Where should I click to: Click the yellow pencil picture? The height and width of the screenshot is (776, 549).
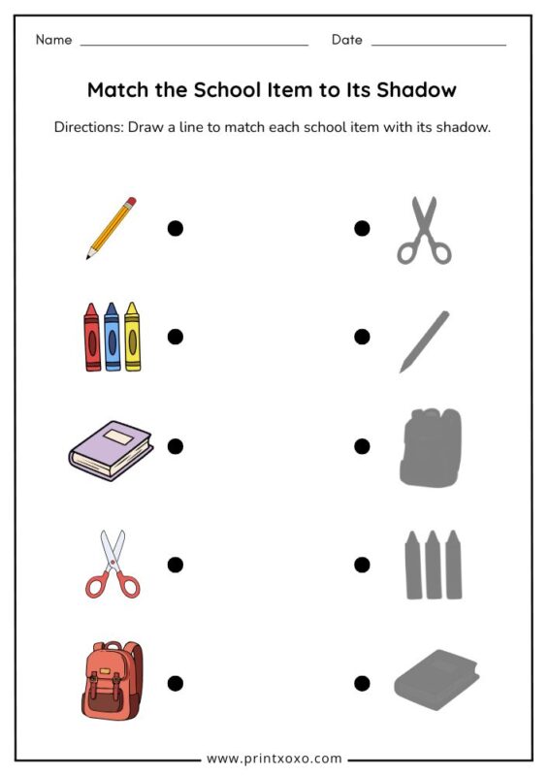point(111,228)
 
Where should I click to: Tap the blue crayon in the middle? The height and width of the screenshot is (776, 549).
point(112,336)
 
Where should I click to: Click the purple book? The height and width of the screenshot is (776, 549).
point(111,450)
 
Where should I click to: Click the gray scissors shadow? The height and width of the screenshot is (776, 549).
point(424,231)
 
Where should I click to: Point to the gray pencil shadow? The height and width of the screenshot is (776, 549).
point(424,340)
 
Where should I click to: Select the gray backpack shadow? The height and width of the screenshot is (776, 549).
point(430,447)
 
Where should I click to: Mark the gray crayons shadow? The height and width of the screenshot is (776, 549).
point(432,565)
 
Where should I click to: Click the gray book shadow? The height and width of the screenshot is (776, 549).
point(436,674)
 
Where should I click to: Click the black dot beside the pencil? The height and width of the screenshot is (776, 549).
point(176,228)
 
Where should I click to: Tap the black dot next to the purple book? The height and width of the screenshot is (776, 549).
point(176,446)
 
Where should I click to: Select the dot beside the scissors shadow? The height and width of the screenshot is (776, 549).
point(362,228)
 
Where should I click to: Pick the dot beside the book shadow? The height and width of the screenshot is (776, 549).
point(362,683)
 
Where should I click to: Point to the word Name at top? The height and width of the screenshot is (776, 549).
point(54,40)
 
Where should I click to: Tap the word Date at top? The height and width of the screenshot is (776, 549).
point(346,40)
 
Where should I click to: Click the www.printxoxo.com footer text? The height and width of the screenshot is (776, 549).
point(274,759)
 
